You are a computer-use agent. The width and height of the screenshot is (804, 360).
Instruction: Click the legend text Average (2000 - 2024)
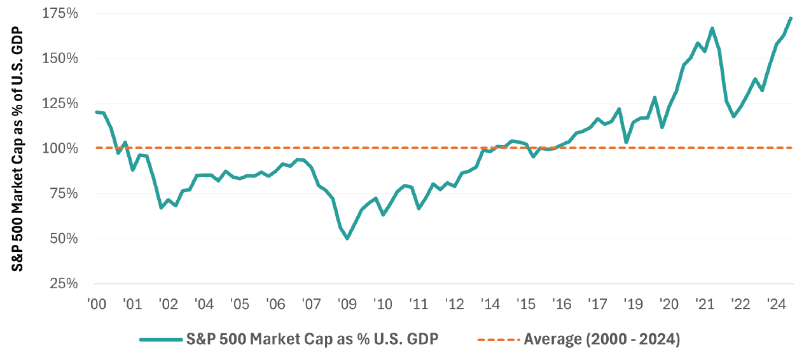tap(602, 340)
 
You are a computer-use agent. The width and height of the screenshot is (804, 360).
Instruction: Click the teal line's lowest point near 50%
tap(347, 239)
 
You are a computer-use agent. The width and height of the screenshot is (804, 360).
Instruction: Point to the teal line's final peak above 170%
tap(791, 18)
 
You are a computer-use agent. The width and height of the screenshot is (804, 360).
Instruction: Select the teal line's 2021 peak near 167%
tap(712, 28)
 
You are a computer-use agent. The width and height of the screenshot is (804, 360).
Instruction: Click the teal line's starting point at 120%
tap(96, 112)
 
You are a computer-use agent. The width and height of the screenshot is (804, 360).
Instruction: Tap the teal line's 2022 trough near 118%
tap(734, 116)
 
